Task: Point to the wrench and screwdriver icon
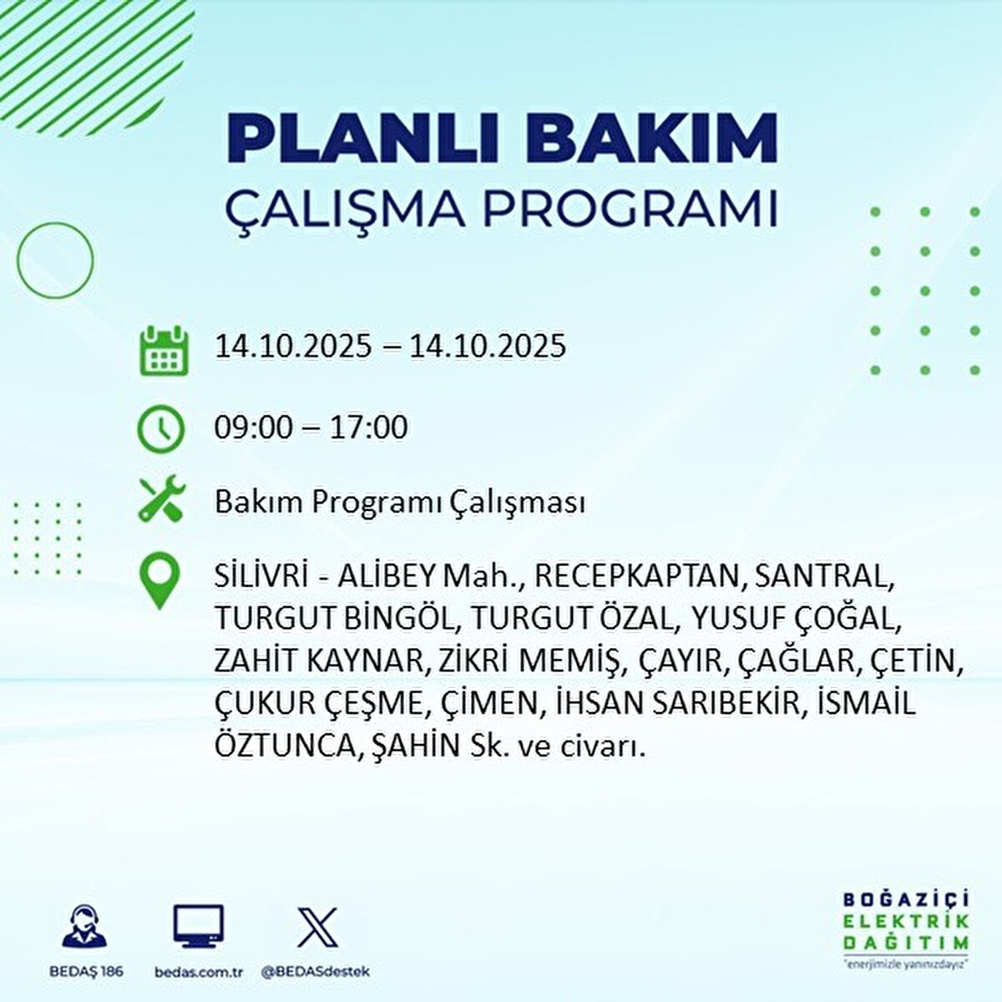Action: click(x=159, y=500)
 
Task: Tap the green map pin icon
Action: click(x=159, y=582)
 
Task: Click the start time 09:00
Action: click(x=254, y=428)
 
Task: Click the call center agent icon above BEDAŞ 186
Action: click(x=86, y=929)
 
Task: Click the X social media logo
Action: click(x=317, y=927)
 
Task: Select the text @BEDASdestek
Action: click(x=315, y=972)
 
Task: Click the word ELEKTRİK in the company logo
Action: click(x=905, y=922)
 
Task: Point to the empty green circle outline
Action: click(x=55, y=261)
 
